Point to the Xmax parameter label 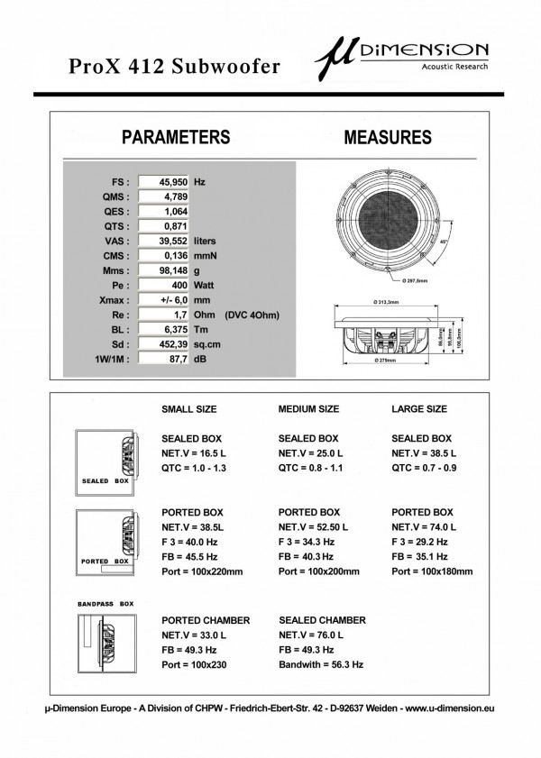coord(115,299)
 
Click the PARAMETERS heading coord(175,138)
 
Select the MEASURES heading coord(388,138)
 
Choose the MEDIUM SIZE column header coord(309,409)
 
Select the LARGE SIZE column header coord(419,409)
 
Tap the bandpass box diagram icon coord(106,641)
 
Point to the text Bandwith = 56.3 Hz coord(321,664)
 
